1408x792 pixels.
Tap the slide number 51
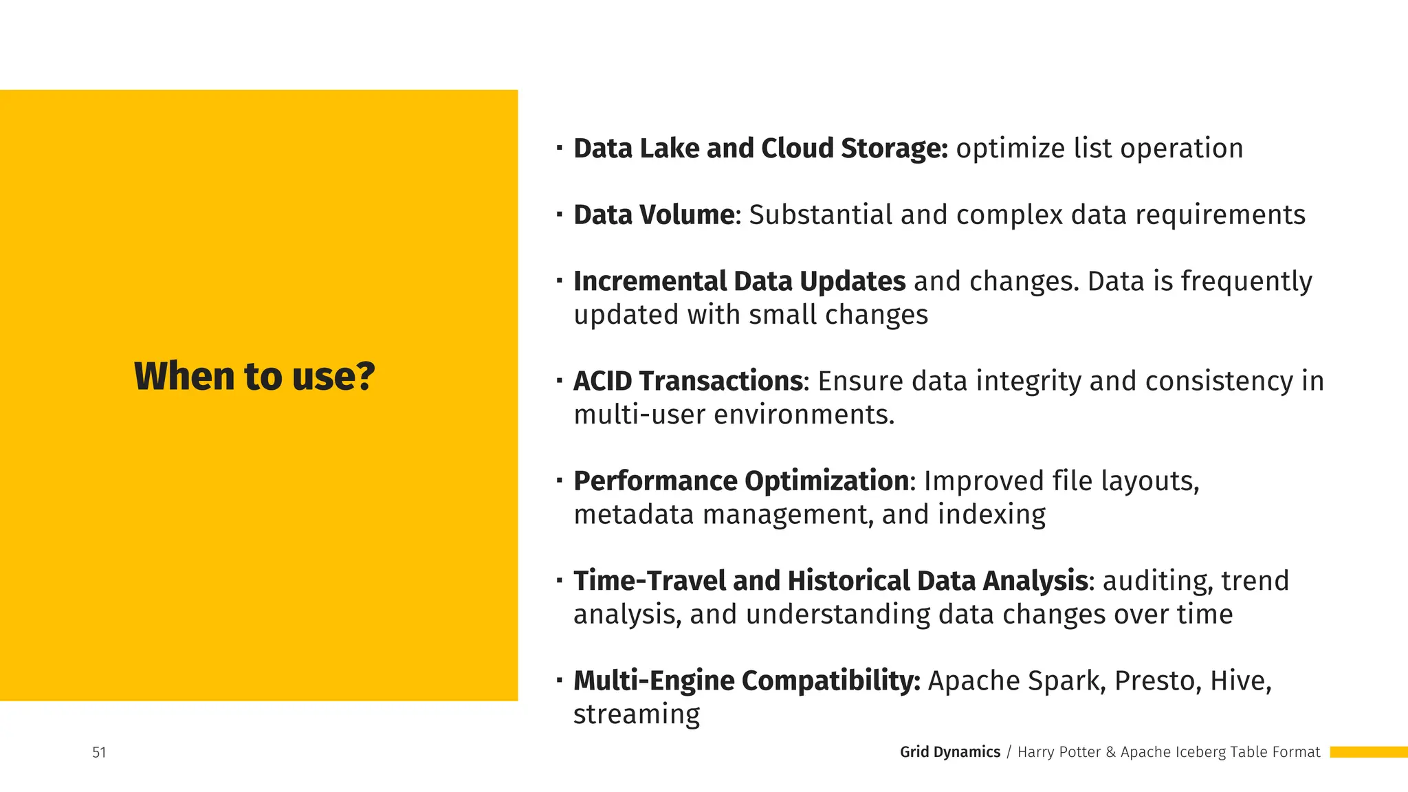(99, 752)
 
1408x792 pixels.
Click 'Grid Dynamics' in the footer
(949, 752)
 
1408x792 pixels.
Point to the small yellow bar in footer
(1368, 752)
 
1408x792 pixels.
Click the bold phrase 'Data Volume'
(654, 214)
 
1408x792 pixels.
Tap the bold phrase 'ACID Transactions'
(687, 381)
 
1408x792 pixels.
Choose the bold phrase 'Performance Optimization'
(741, 481)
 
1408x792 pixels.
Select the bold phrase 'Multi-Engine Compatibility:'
(747, 681)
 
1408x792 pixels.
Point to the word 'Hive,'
(1241, 681)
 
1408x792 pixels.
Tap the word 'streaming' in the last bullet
(637, 714)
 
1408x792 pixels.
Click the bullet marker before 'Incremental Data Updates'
(560, 280)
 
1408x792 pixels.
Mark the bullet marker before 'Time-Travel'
(560, 580)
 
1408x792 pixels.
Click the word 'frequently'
(1246, 281)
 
